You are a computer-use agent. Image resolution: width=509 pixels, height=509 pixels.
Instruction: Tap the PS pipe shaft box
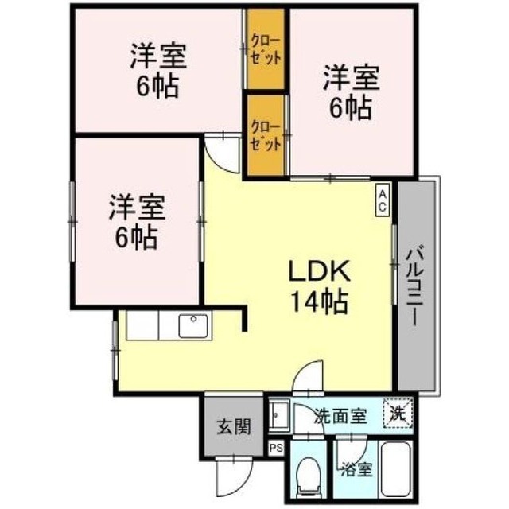(x=276, y=449)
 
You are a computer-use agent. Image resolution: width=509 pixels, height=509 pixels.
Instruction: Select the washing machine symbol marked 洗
(x=398, y=414)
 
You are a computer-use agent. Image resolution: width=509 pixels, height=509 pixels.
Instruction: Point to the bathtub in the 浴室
(x=396, y=468)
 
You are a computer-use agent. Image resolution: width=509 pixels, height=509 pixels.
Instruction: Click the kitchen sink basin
(x=193, y=326)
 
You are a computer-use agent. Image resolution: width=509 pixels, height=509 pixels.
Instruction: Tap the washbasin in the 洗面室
(x=279, y=415)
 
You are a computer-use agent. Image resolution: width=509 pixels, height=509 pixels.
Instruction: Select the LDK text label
(x=320, y=271)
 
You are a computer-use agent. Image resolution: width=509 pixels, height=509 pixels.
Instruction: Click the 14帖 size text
(x=320, y=302)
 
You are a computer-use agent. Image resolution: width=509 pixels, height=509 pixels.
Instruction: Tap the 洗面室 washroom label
(x=341, y=416)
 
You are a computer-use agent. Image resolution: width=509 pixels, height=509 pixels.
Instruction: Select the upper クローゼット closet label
(x=266, y=51)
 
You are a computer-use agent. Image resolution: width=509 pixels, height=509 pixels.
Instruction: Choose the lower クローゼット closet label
(x=266, y=136)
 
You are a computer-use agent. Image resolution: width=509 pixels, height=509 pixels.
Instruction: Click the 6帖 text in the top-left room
(x=157, y=87)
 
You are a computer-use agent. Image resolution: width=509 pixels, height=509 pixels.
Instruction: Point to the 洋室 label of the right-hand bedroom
(x=352, y=78)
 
